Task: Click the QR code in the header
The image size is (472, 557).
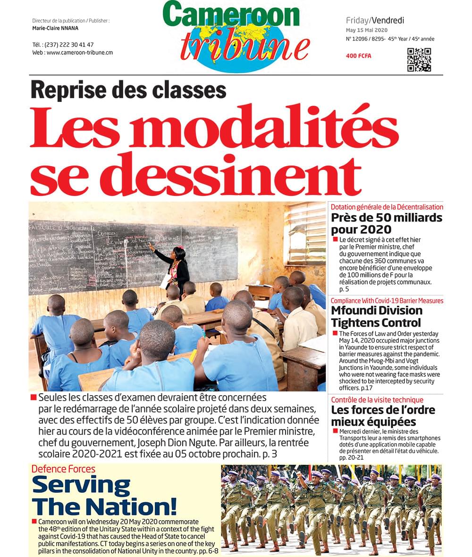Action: pyautogui.click(x=419, y=59)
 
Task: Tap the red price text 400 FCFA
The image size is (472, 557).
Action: pyautogui.click(x=359, y=56)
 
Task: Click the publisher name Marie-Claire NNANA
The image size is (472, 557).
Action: pyautogui.click(x=55, y=28)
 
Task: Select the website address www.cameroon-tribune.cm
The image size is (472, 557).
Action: pyautogui.click(x=79, y=52)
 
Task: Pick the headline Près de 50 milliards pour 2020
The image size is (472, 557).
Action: pyautogui.click(x=386, y=224)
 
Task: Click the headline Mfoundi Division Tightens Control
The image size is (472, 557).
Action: pyautogui.click(x=376, y=317)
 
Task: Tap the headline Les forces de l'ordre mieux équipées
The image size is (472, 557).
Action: pyautogui.click(x=383, y=415)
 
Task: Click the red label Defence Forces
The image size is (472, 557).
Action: pyautogui.click(x=63, y=469)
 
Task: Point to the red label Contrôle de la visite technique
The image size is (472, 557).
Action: pyautogui.click(x=377, y=400)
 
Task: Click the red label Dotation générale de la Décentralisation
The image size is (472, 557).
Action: pyautogui.click(x=387, y=207)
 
